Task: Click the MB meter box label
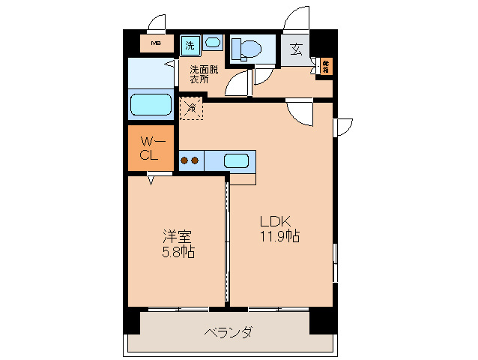(156, 43)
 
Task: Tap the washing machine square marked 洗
(190, 45)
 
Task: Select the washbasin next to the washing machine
(212, 43)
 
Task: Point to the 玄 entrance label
(295, 50)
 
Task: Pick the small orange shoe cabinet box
(326, 67)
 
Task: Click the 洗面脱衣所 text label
(203, 73)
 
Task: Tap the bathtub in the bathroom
(151, 103)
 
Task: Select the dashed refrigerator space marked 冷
(190, 108)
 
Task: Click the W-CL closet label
(151, 148)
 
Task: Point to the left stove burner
(184, 160)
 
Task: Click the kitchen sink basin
(236, 160)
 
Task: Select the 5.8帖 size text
(178, 252)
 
